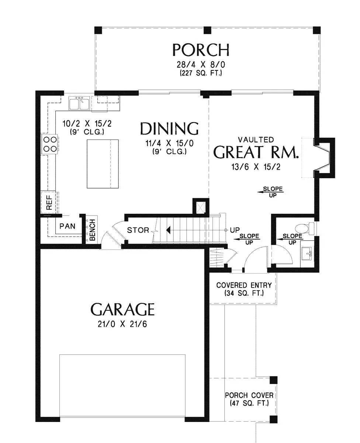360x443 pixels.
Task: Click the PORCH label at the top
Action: point(201,50)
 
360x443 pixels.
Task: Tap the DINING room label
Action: point(169,128)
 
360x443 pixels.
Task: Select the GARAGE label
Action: point(122,309)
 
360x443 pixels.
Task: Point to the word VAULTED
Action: point(256,140)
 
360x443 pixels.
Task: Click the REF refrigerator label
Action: point(49,203)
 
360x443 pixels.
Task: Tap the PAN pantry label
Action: point(67,226)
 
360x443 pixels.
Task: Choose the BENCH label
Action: point(92,230)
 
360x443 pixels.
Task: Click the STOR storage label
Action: point(138,230)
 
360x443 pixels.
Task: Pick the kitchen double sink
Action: point(79,103)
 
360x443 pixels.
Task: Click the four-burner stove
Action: point(50,144)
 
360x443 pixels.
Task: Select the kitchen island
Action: point(103,164)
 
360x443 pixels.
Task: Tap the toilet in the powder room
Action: point(305,228)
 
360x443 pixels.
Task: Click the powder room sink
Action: point(307,254)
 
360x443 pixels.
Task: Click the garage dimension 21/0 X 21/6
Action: point(122,324)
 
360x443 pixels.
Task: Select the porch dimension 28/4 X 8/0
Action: point(201,65)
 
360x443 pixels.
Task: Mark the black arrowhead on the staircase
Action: point(168,230)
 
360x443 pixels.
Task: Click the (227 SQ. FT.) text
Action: point(201,73)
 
